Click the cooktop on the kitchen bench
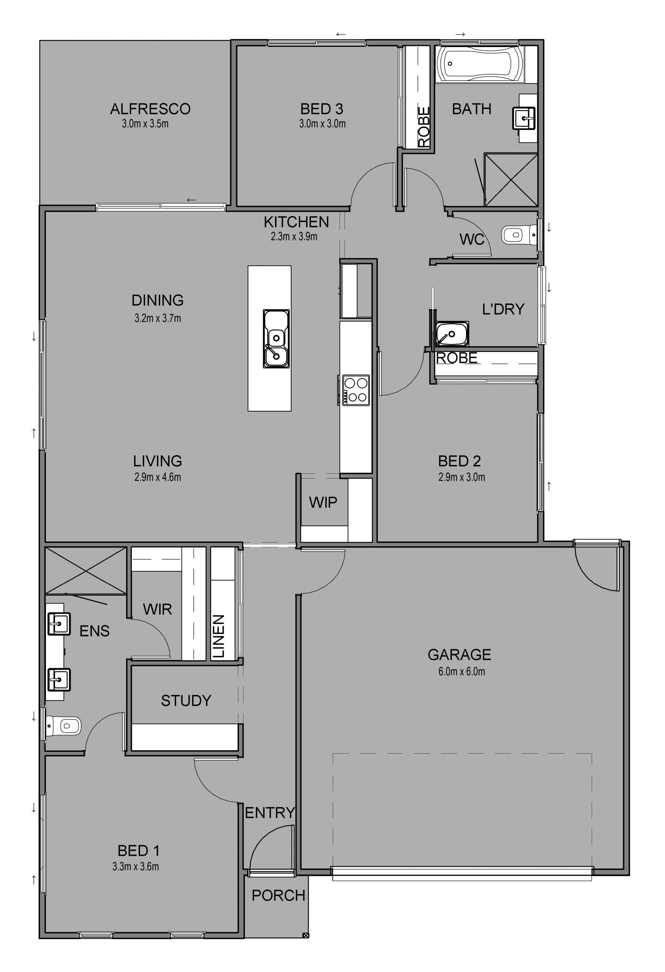356,390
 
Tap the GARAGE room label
459,655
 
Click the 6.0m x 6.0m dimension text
462,672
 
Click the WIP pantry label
323,502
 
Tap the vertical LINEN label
219,636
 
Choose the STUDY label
186,701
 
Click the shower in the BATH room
511,180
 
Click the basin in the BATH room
524,118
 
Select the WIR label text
157,609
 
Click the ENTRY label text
270,813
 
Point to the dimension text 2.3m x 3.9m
294,237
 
